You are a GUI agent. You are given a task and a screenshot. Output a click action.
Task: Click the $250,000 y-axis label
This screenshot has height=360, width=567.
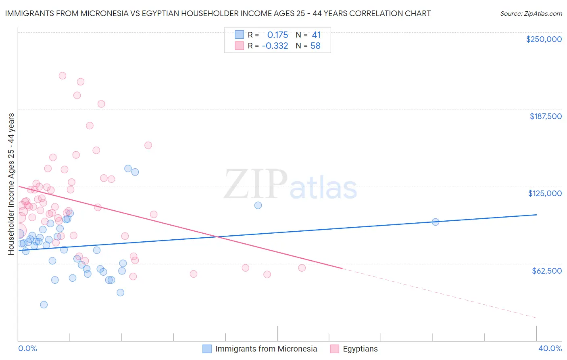tap(544, 39)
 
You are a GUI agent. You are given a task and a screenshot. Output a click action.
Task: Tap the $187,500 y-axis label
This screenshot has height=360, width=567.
tap(545, 116)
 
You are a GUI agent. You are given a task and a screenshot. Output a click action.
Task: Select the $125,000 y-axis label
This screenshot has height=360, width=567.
tap(545, 193)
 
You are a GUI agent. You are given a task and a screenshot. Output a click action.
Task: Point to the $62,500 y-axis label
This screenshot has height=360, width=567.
tap(546, 271)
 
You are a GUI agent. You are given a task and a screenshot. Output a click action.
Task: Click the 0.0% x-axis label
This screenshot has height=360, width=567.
tap(28, 348)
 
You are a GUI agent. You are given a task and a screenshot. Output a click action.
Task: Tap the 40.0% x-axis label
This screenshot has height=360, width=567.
tap(550, 348)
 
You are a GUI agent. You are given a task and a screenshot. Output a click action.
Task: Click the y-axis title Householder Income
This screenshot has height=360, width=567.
tap(11, 184)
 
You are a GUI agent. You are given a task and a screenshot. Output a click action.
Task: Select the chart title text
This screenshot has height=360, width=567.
tap(218, 13)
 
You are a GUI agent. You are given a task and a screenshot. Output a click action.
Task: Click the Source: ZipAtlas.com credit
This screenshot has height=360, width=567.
tap(531, 13)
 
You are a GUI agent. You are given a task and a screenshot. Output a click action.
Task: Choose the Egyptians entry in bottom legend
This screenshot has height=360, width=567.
tap(360, 349)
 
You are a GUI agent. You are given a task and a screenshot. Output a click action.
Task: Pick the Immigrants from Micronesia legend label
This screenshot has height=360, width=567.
tap(266, 349)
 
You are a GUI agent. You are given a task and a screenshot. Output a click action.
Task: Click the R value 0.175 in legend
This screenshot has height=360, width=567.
tap(277, 35)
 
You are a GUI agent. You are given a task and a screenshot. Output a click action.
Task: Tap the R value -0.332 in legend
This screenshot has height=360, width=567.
tap(275, 46)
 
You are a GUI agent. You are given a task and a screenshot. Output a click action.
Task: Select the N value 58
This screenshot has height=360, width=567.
tap(315, 46)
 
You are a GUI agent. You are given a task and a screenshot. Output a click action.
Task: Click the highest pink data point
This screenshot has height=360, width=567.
tap(63, 75)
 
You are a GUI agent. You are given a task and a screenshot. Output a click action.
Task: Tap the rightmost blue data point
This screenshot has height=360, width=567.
tap(435, 222)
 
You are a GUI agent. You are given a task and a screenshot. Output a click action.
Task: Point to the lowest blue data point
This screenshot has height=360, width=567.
tap(44, 305)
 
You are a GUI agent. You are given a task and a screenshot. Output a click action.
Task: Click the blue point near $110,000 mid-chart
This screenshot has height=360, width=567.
tap(258, 205)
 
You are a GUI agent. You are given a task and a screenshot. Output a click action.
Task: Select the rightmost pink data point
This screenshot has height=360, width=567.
tap(302, 268)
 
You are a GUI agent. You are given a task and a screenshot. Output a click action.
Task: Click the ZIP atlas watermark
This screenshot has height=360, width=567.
tap(290, 185)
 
